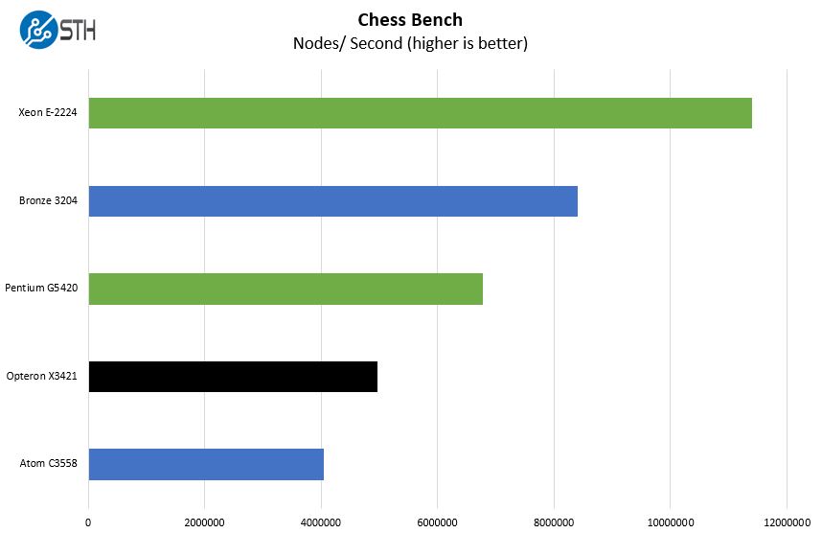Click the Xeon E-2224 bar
click(420, 113)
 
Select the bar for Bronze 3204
click(332, 201)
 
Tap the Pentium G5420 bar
click(285, 289)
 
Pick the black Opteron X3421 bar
click(233, 377)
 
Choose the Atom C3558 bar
click(206, 464)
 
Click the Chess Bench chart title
click(410, 19)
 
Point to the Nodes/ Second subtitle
click(410, 43)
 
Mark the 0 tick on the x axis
click(88, 522)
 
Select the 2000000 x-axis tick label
click(204, 522)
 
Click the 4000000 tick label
click(321, 522)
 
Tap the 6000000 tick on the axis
click(437, 522)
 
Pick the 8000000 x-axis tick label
click(554, 522)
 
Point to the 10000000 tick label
click(670, 522)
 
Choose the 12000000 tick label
click(786, 522)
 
